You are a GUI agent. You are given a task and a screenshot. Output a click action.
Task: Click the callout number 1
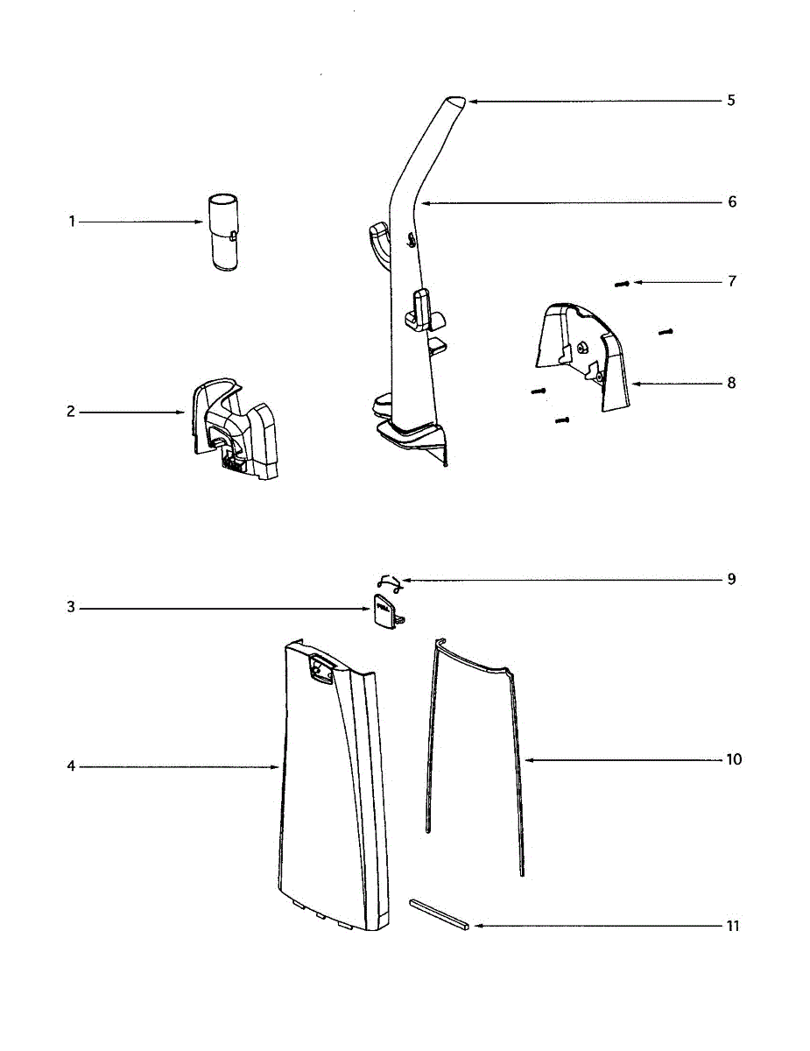73,222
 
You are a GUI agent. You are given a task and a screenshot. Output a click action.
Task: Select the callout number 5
731,100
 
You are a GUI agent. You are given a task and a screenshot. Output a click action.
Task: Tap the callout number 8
731,383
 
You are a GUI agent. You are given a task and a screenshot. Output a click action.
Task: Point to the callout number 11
733,926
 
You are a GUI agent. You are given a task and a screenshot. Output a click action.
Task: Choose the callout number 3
72,608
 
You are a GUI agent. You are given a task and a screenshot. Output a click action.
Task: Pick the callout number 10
734,758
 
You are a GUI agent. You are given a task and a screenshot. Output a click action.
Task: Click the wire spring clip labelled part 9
387,581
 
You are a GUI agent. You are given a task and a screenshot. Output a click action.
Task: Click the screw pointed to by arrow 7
623,284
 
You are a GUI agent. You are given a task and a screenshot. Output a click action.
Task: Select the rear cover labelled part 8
582,355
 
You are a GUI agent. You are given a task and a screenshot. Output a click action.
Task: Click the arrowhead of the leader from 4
278,767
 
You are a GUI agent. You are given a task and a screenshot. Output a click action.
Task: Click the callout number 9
731,580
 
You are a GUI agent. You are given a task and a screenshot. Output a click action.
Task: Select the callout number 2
72,412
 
